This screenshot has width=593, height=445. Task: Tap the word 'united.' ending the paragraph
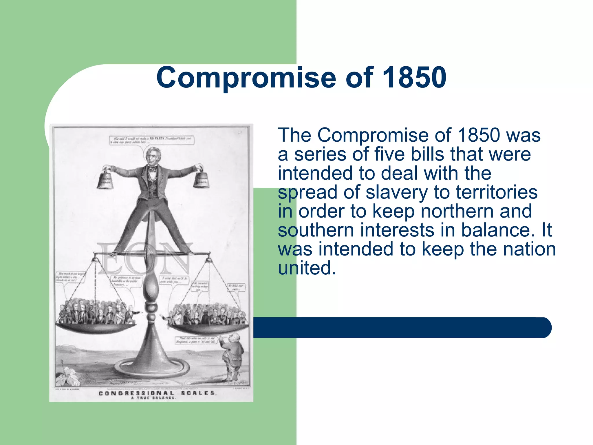coord(307,268)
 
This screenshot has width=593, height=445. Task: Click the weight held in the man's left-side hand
coord(105,180)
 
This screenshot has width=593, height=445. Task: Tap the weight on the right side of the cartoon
coord(202,180)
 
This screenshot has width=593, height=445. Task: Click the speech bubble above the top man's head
coord(151,140)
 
